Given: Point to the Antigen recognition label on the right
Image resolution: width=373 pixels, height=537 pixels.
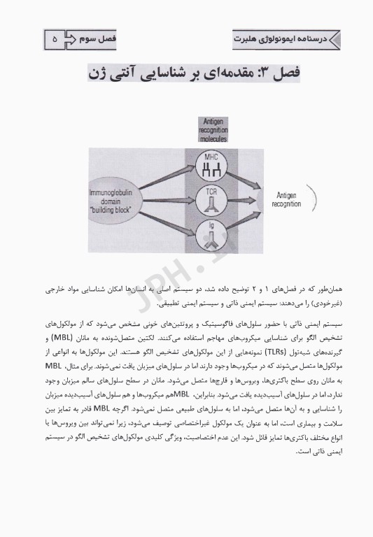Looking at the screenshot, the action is [288, 200].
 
